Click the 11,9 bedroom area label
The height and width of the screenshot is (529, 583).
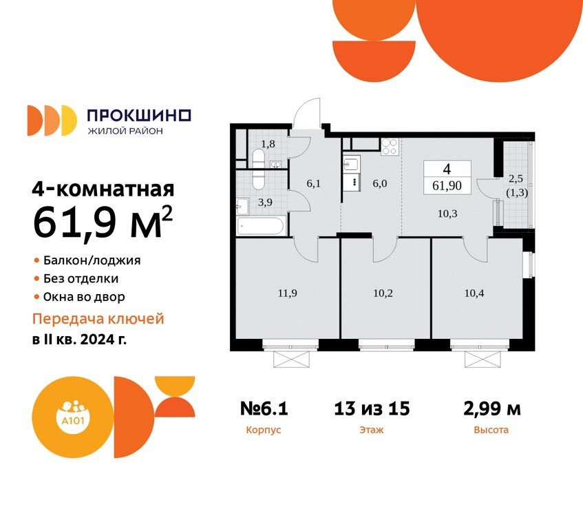[288, 293]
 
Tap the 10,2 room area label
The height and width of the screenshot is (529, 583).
[383, 293]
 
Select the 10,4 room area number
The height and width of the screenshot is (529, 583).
[474, 293]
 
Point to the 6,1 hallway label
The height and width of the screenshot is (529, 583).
[313, 183]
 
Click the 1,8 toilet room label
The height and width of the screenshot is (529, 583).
[268, 143]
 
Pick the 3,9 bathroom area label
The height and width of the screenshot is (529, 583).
[265, 203]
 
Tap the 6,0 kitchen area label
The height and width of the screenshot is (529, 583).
[380, 183]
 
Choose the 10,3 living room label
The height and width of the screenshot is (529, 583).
[447, 214]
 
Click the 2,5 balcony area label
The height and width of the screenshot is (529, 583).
[516, 178]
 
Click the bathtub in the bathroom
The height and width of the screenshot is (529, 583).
[261, 225]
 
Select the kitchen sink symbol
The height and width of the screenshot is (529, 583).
[351, 163]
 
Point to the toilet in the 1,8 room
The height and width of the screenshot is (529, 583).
[258, 158]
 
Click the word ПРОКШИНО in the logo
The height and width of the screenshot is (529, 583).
[139, 115]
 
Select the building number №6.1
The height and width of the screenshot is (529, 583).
[264, 408]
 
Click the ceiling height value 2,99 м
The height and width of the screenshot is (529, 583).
[492, 409]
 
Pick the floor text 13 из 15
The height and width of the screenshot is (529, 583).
[372, 408]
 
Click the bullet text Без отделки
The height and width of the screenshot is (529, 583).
[81, 278]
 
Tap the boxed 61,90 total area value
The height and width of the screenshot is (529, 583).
[447, 185]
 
